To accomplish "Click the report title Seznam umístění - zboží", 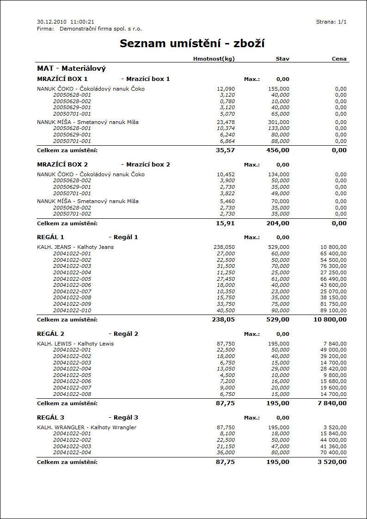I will [192, 44].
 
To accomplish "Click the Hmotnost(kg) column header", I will [214, 59].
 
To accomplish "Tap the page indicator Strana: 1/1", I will [331, 22].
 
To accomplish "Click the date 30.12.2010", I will [52, 22].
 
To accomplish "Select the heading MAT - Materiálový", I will [71, 68].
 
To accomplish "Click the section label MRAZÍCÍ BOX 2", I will [62, 165].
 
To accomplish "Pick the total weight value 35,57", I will [225, 150].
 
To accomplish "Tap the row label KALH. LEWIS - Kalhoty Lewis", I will [75, 344].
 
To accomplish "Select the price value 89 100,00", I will [334, 311].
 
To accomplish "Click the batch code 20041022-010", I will [72, 311].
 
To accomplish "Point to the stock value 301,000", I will [279, 122].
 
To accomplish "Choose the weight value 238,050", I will [224, 247].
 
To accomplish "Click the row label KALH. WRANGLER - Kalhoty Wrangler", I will [86, 427].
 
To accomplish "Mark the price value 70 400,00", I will [334, 453].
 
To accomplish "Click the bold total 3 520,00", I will [332, 462].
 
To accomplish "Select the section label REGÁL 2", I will [50, 334].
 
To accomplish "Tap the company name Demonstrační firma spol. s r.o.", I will [100, 29].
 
